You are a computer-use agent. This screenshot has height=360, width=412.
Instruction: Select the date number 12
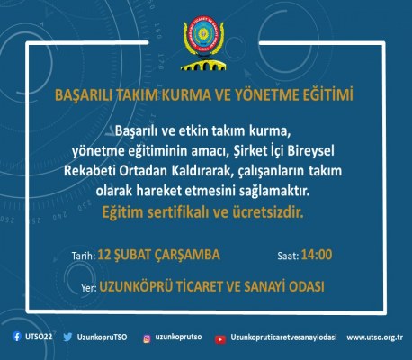pos(107,255)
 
